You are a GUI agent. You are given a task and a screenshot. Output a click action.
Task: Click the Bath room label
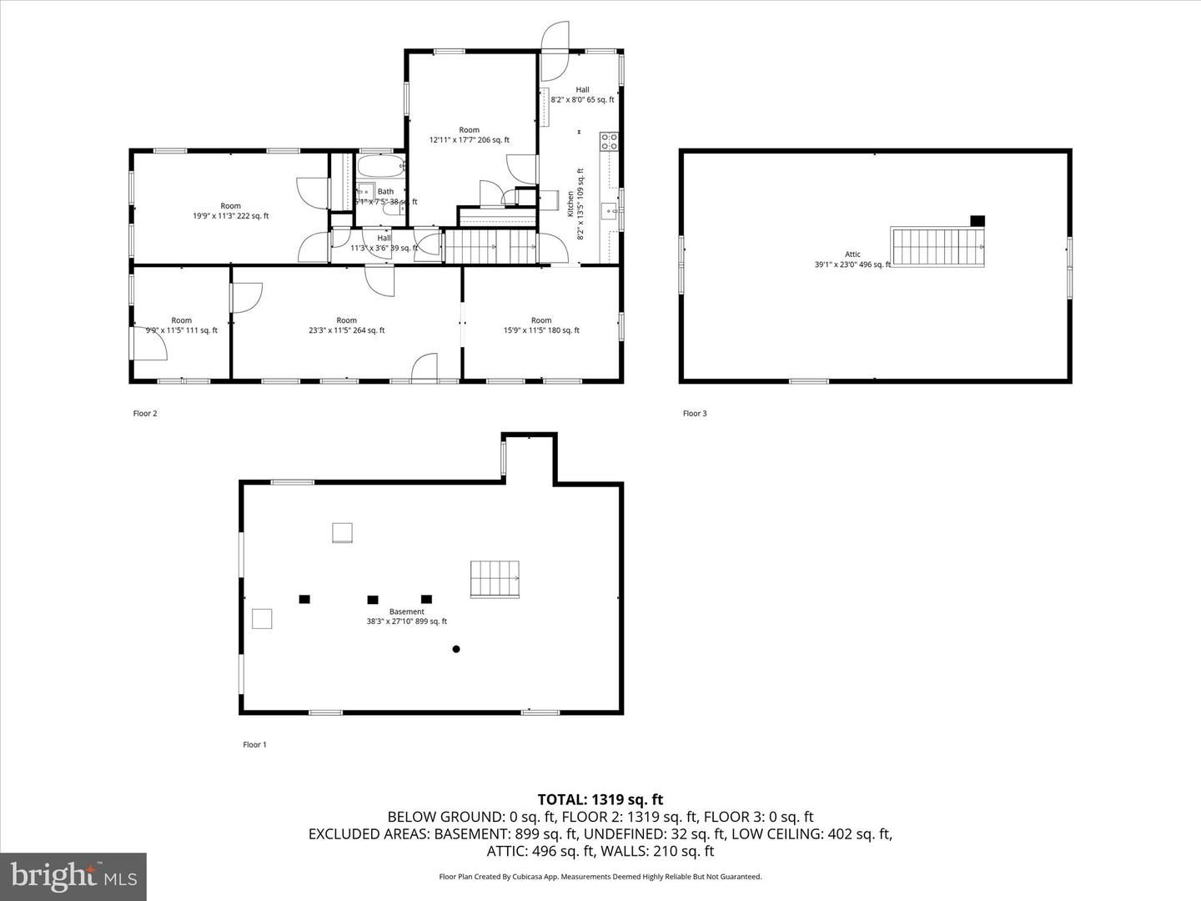pyautogui.click(x=385, y=192)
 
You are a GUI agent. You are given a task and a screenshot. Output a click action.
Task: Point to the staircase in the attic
pyautogui.click(x=937, y=247)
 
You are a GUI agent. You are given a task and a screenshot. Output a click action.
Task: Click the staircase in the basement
pyautogui.click(x=495, y=579)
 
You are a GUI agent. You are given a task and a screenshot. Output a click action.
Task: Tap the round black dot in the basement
pyautogui.click(x=456, y=649)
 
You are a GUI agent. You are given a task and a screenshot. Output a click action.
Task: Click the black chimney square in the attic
pyautogui.click(x=977, y=221)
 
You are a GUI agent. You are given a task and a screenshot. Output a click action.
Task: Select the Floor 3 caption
pyautogui.click(x=695, y=414)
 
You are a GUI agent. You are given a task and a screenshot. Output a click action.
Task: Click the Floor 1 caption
pyautogui.click(x=254, y=745)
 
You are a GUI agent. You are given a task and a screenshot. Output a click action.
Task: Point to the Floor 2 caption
pyautogui.click(x=145, y=414)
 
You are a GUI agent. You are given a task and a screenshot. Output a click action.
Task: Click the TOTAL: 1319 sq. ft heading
pyautogui.click(x=600, y=800)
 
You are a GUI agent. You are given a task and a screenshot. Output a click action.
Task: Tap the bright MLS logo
pyautogui.click(x=73, y=876)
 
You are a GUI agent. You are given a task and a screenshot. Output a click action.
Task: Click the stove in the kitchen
pyautogui.click(x=610, y=142)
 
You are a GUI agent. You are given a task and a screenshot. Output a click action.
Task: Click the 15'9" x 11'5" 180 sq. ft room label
pyautogui.click(x=541, y=330)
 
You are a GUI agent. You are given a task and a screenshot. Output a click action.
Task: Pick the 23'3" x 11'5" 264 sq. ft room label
pyautogui.click(x=346, y=330)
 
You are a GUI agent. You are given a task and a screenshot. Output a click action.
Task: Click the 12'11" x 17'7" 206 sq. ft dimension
pyautogui.click(x=469, y=140)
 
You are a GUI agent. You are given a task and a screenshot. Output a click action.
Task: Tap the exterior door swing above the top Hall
pyautogui.click(x=555, y=40)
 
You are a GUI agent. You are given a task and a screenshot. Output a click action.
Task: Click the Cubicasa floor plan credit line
pyautogui.click(x=600, y=877)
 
